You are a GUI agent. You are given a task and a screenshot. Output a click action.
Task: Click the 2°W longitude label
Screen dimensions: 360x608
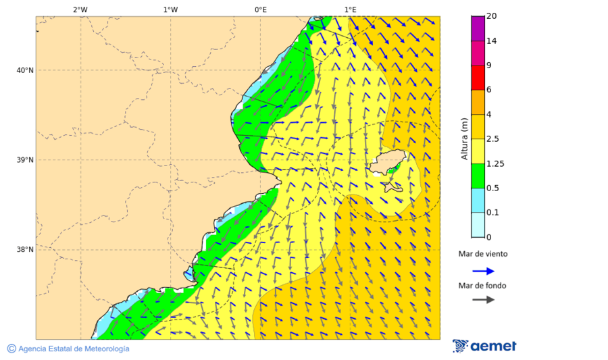pos(80,9)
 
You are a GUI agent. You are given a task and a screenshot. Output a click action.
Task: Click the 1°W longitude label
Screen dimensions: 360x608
pos(170,9)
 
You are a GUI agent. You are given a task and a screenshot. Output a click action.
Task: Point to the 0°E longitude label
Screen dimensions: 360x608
pos(260,9)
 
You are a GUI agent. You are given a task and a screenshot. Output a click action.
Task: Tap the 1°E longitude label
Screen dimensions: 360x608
pos(350,9)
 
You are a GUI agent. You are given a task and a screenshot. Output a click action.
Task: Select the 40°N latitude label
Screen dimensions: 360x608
pos(25,70)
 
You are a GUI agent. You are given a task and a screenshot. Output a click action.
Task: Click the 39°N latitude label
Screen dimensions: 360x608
pos(25,160)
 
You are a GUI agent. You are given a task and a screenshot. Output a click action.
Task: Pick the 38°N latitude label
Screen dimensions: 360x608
pos(25,250)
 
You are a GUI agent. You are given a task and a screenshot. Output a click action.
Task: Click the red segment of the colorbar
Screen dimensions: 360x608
pos(478,78)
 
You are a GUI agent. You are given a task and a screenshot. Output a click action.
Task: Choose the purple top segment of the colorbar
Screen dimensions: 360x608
pos(478,28)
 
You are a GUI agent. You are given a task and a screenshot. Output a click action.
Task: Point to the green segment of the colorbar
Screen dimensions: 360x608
pos(478,176)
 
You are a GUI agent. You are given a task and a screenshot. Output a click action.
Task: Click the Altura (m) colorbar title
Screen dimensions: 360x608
pos(464,138)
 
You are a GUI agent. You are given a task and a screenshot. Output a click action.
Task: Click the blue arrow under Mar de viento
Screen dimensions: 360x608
pos(483,271)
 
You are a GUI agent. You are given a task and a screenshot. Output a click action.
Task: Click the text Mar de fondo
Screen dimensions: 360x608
pos(482,286)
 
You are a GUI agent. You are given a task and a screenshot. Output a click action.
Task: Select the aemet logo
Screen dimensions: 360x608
pos(484,346)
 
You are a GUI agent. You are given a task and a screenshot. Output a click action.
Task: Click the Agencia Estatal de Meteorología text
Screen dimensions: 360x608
pos(73,349)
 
